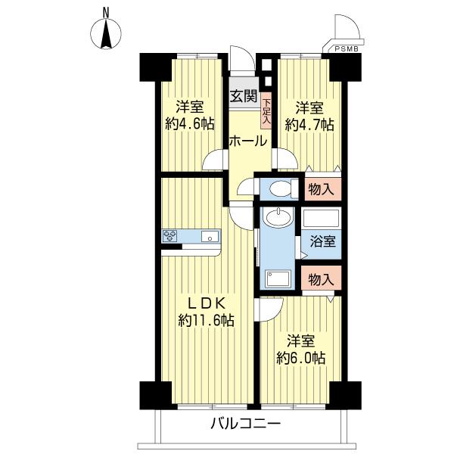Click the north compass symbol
tap(106, 33)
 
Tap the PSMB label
tap(347, 49)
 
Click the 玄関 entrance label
tap(244, 96)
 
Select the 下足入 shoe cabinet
tap(266, 110)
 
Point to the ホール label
tap(248, 141)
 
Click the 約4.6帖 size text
tap(190, 125)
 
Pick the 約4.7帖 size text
tap(309, 125)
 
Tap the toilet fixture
tap(283, 188)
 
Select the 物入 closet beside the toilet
tap(322, 189)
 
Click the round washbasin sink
tap(278, 217)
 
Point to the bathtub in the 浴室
tap(321, 218)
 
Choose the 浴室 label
tap(323, 241)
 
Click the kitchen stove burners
tap(170, 235)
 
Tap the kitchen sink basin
tap(210, 236)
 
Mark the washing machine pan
tap(278, 278)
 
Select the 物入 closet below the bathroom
tap(322, 278)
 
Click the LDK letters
tap(207, 304)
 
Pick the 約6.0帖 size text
tap(301, 358)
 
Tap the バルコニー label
tap(245, 424)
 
